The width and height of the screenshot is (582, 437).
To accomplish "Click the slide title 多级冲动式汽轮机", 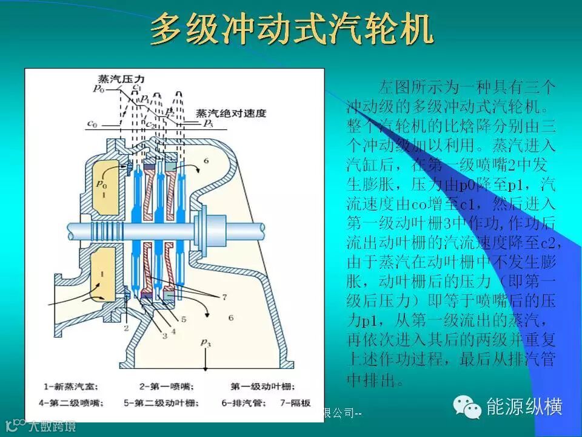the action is pos(291,29).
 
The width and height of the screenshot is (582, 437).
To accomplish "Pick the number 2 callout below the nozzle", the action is pos(127,328).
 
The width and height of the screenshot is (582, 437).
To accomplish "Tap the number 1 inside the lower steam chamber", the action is pos(102,274).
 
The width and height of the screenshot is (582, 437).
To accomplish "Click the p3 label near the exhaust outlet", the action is pos(207,344).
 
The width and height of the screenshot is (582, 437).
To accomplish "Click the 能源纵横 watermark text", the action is pos(524,406).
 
